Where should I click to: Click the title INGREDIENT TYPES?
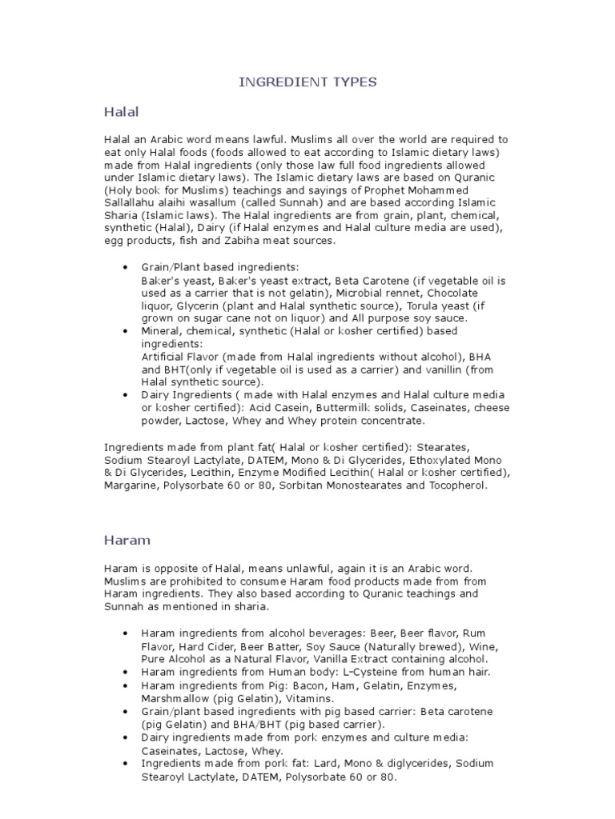click(308, 82)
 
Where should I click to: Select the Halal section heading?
click(121, 110)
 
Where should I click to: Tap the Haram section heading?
click(127, 540)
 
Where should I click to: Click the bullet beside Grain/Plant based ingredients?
click(125, 266)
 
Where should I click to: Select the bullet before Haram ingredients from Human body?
click(125, 673)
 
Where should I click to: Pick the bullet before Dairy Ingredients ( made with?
click(125, 394)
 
